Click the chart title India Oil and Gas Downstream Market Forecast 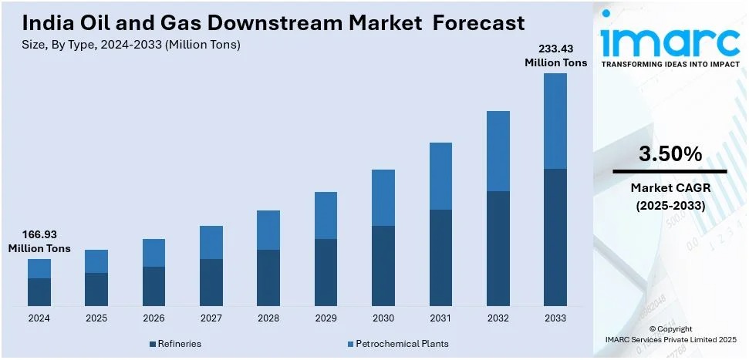274,23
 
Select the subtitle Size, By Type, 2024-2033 131,45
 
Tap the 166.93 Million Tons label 39,241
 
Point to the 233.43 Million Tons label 555,56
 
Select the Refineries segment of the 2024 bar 39,291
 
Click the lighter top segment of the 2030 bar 383,197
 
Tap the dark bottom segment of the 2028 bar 268,278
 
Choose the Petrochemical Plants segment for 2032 498,151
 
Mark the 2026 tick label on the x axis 154,318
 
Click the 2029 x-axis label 326,318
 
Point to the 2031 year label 440,318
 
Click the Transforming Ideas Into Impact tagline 670,65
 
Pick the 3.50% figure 670,154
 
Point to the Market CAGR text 670,187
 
